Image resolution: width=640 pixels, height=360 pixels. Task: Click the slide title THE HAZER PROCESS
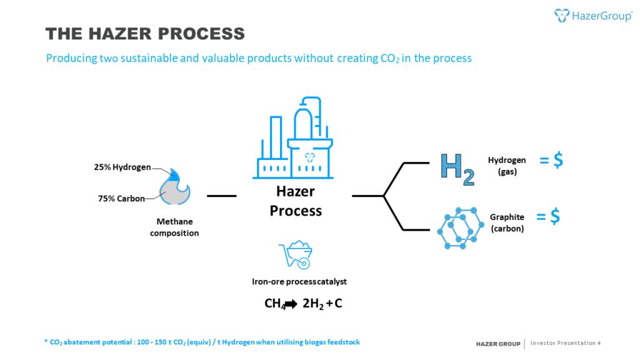tap(146, 33)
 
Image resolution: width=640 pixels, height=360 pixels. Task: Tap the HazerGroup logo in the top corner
tap(593, 16)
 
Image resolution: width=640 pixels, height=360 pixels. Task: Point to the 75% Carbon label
tap(121, 199)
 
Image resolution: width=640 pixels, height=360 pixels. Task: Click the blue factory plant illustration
tap(296, 139)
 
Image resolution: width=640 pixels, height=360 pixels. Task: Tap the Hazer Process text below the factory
tap(296, 201)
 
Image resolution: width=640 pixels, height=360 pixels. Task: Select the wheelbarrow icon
tap(295, 254)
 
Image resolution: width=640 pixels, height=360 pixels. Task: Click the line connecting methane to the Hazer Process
tap(221, 196)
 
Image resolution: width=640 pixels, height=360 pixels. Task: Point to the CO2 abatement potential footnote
tap(201, 342)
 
